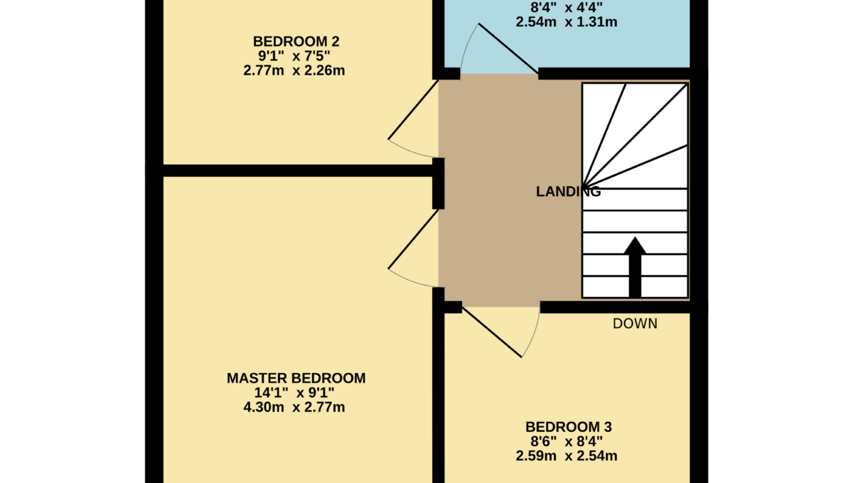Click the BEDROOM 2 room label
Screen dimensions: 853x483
296,41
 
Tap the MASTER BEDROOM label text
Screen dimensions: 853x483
296,378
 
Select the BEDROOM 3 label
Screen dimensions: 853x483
569,427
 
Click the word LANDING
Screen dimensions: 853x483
568,192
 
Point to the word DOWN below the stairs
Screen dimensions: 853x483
635,323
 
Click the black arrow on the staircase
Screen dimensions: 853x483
635,267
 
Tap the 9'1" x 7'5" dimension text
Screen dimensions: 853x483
294,56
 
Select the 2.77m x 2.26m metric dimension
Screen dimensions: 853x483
294,70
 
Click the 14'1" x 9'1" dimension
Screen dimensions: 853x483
294,392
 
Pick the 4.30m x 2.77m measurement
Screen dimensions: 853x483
294,407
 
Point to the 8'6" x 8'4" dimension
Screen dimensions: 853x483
567,441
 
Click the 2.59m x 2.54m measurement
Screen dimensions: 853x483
567,455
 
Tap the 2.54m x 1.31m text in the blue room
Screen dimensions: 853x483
567,22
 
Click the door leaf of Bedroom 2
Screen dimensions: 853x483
413,109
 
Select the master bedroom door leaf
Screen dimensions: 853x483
413,239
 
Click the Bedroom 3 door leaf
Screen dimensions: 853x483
492,332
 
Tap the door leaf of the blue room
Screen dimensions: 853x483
508,48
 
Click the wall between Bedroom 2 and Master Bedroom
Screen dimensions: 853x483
298,170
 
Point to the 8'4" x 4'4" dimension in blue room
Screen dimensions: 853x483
567,7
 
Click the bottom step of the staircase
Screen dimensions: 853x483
635,287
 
